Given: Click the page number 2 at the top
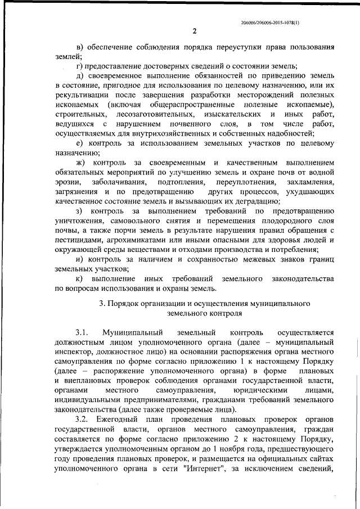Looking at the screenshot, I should (x=193, y=30).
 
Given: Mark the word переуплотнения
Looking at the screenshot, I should (x=248, y=182).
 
